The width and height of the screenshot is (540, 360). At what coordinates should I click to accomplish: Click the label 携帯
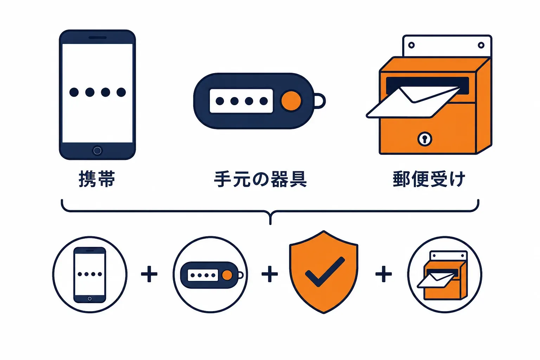coord(97,179)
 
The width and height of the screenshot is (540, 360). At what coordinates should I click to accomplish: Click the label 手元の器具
coord(261,179)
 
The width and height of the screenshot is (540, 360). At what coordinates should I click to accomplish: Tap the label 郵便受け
coord(429,179)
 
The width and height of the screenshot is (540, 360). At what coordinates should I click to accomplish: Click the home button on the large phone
coord(97,151)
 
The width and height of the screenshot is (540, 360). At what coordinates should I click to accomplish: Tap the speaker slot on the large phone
coord(97,38)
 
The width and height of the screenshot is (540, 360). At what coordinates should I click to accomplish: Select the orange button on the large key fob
coord(291,101)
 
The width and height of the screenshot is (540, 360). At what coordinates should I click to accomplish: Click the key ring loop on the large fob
coord(320,101)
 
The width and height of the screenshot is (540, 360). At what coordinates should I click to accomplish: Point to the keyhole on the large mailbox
coord(425,139)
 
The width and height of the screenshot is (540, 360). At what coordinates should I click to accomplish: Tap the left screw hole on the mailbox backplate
coord(412,45)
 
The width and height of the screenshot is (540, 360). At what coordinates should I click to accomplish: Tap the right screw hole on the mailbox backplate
coord(481,45)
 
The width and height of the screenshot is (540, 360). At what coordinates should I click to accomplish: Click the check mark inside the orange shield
coord(325,272)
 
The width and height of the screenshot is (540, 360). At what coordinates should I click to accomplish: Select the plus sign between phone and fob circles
coord(149,274)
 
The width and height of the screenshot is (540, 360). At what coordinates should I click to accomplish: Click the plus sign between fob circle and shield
coord(270,274)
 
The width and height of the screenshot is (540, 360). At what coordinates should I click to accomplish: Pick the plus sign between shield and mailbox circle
coord(384,274)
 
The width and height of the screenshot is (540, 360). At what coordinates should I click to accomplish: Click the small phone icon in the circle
coord(90,275)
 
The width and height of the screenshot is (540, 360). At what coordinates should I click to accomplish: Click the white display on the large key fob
coord(241,101)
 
